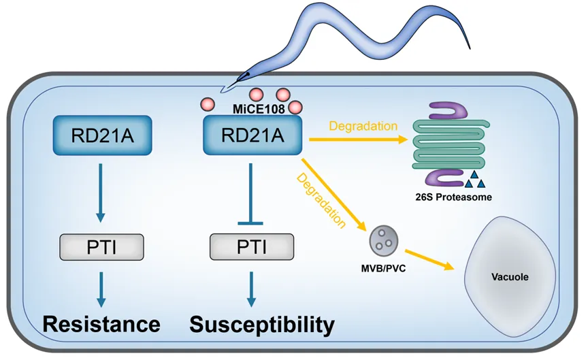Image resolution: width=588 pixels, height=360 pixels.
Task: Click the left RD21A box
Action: point(101,135)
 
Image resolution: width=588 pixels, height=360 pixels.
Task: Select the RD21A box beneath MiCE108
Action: point(252,135)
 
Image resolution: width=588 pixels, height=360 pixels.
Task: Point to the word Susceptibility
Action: point(262,324)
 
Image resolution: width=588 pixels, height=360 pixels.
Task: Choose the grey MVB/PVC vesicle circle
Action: point(382,240)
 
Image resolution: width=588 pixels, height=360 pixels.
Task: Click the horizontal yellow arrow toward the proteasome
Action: point(357,140)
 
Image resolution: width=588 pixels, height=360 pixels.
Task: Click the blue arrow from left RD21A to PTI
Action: point(101,191)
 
